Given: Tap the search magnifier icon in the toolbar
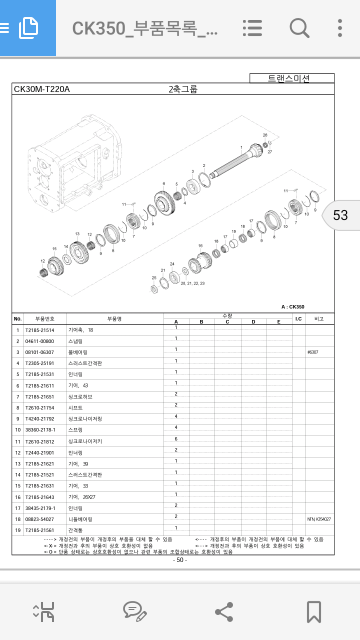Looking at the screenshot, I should [x=299, y=28].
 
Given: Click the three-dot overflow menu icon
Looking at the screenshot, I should [x=340, y=28].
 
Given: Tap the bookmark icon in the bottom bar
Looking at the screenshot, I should [x=313, y=611].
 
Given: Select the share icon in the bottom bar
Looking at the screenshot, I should [x=223, y=611].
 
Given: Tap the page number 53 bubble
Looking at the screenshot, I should [x=340, y=215].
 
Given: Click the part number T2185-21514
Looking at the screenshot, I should [x=39, y=330].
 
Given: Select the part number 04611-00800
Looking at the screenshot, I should [x=39, y=341].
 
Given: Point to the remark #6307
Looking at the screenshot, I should [x=312, y=352].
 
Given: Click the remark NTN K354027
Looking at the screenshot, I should [x=319, y=519].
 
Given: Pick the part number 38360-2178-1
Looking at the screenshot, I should [x=40, y=430].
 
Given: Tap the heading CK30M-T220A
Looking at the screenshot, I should [x=42, y=89].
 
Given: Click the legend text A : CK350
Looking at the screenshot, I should [x=292, y=307].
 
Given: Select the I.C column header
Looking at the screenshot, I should [x=298, y=318].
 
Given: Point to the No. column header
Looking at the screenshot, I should [x=17, y=318].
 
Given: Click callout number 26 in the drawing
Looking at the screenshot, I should [x=265, y=135].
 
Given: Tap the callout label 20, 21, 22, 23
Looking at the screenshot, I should [x=192, y=283].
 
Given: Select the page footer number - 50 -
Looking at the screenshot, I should [x=180, y=560].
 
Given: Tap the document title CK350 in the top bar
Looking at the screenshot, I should [x=145, y=28].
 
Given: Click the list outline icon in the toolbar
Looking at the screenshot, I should [x=252, y=28].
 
